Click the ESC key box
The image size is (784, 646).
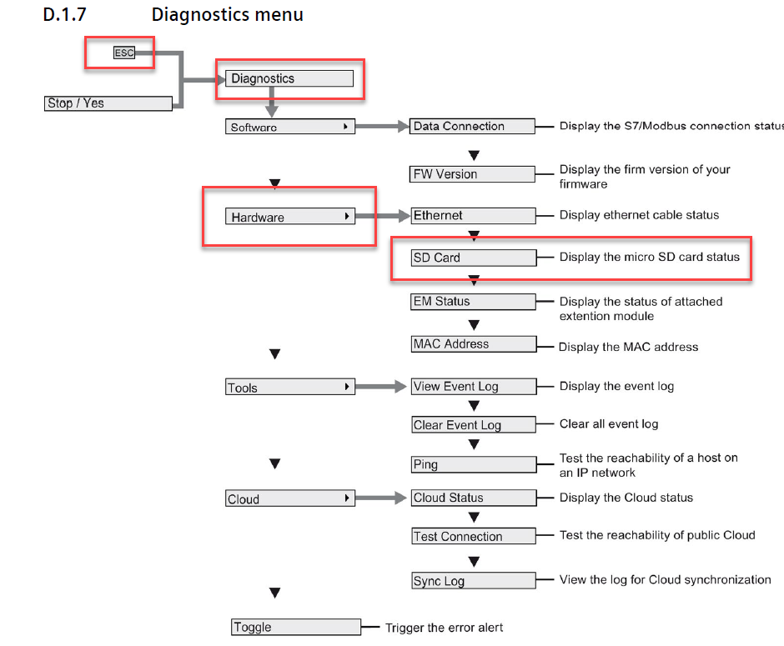123,53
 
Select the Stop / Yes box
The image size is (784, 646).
108,103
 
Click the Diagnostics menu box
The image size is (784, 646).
289,78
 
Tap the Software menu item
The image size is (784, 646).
290,127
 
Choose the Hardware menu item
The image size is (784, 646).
290,217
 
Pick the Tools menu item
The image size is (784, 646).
290,388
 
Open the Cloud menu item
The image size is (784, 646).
290,498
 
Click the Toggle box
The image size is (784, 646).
296,627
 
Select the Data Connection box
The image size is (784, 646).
473,127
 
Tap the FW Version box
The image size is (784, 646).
473,174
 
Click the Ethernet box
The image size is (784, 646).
473,215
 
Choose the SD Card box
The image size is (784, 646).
473,258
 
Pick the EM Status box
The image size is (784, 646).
473,302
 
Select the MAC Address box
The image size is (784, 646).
473,343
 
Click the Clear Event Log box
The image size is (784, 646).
473,425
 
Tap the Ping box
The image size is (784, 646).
473,464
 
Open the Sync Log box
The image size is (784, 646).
473,581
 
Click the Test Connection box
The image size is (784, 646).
473,537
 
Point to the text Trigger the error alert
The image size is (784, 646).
444,627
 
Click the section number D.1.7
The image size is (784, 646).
64,15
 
